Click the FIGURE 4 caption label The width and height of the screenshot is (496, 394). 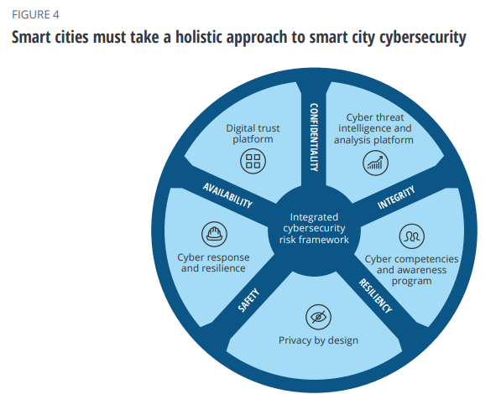(35, 14)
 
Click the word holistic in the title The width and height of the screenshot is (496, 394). (199, 37)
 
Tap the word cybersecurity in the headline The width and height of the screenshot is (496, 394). (423, 38)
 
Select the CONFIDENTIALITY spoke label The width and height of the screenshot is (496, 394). (314, 137)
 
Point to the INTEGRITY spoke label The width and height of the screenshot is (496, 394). (396, 198)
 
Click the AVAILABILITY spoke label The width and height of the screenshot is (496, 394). (227, 195)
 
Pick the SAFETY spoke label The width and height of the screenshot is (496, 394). (248, 300)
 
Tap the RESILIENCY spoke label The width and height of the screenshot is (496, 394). (375, 296)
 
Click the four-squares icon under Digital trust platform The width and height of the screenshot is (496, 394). (253, 161)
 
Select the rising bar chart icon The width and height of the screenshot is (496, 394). (375, 163)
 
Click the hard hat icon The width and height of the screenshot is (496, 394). (214, 234)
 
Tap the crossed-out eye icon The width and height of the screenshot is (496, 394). (318, 317)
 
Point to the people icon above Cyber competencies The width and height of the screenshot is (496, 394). (411, 236)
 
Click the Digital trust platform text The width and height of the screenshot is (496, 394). (253, 133)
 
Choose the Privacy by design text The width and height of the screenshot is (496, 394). (318, 340)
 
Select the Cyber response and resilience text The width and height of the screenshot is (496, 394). (213, 262)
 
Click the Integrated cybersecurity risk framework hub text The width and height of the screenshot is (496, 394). (314, 228)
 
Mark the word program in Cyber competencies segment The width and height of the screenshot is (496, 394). (411, 281)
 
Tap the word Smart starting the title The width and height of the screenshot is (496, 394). (31, 37)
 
